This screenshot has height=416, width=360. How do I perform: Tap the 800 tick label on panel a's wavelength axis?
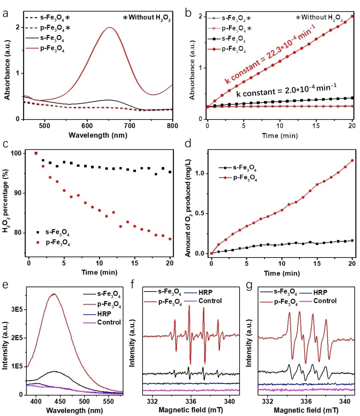pyautogui.click(x=172, y=126)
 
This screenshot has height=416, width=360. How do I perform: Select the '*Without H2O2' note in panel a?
pyautogui.click(x=147, y=18)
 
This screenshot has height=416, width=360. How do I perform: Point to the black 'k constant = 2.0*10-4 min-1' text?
pyautogui.click(x=286, y=90)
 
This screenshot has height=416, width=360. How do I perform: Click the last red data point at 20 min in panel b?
pyautogui.click(x=352, y=16)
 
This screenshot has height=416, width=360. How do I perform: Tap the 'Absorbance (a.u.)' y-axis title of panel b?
pyautogui.click(x=192, y=70)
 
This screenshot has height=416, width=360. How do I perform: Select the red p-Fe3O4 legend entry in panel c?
pyautogui.click(x=53, y=243)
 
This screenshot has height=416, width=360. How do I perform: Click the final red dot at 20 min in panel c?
pyautogui.click(x=170, y=239)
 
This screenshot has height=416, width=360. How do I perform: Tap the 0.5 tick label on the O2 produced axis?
pyautogui.click(x=199, y=214)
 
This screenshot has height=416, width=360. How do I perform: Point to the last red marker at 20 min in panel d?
pyautogui.click(x=352, y=160)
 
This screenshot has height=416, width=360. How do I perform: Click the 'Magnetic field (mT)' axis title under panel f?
pyautogui.click(x=191, y=410)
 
